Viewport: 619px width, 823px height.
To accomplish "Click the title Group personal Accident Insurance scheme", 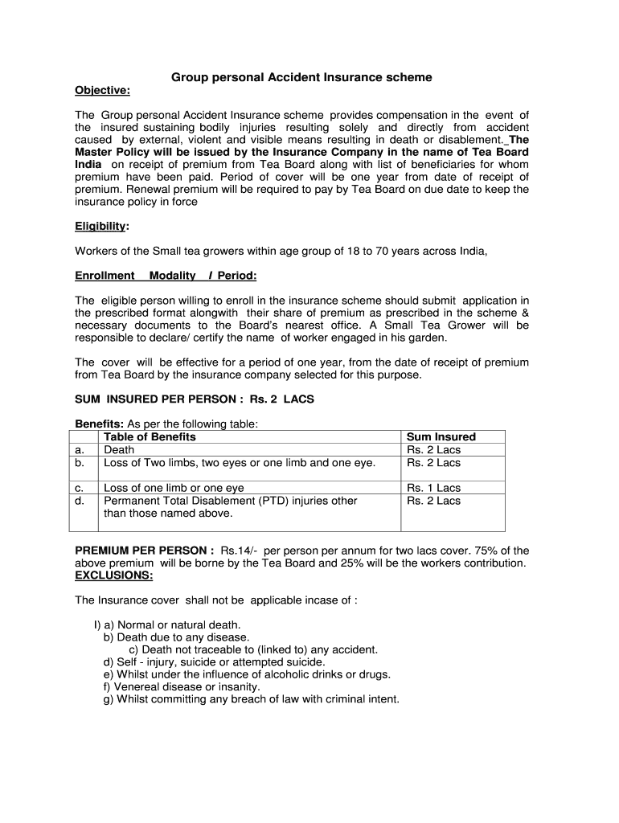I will (301, 77).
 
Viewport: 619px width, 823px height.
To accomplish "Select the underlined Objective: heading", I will (102, 90).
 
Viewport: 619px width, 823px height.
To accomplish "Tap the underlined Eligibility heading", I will (101, 227).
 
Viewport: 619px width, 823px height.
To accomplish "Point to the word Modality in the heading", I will (173, 276).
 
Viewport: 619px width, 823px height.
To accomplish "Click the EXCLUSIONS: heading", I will (113, 575).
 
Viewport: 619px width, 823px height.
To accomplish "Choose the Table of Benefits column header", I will (150, 437).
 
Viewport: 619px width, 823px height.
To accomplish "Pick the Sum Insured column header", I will (441, 437).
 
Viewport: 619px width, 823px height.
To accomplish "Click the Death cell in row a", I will (119, 450).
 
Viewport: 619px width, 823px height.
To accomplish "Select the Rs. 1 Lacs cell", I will (434, 488).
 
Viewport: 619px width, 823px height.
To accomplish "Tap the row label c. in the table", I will (80, 488).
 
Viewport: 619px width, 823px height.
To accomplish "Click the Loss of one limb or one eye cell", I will (174, 488).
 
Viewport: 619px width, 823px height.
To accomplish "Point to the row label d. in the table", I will (80, 501).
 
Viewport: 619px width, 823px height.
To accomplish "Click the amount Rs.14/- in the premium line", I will (240, 551).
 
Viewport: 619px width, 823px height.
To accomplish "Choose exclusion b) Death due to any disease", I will (176, 637).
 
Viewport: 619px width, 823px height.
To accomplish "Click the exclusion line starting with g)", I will (251, 699).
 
